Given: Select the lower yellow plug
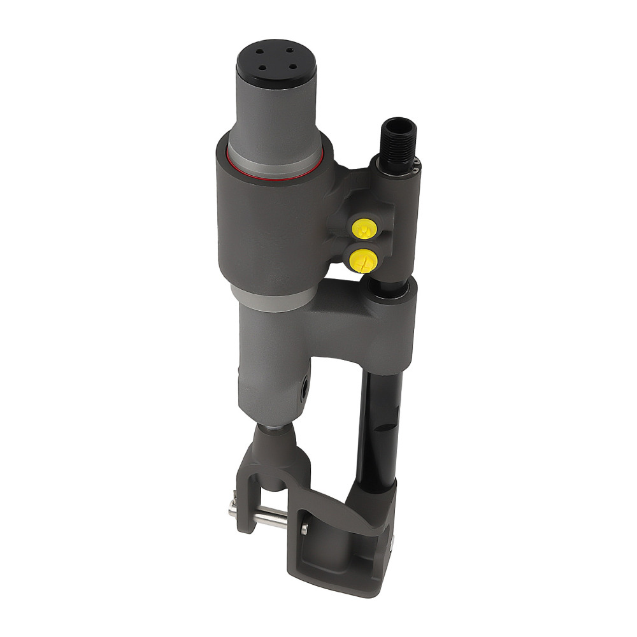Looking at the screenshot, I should click(361, 257).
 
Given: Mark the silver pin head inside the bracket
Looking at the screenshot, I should click(304, 528).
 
